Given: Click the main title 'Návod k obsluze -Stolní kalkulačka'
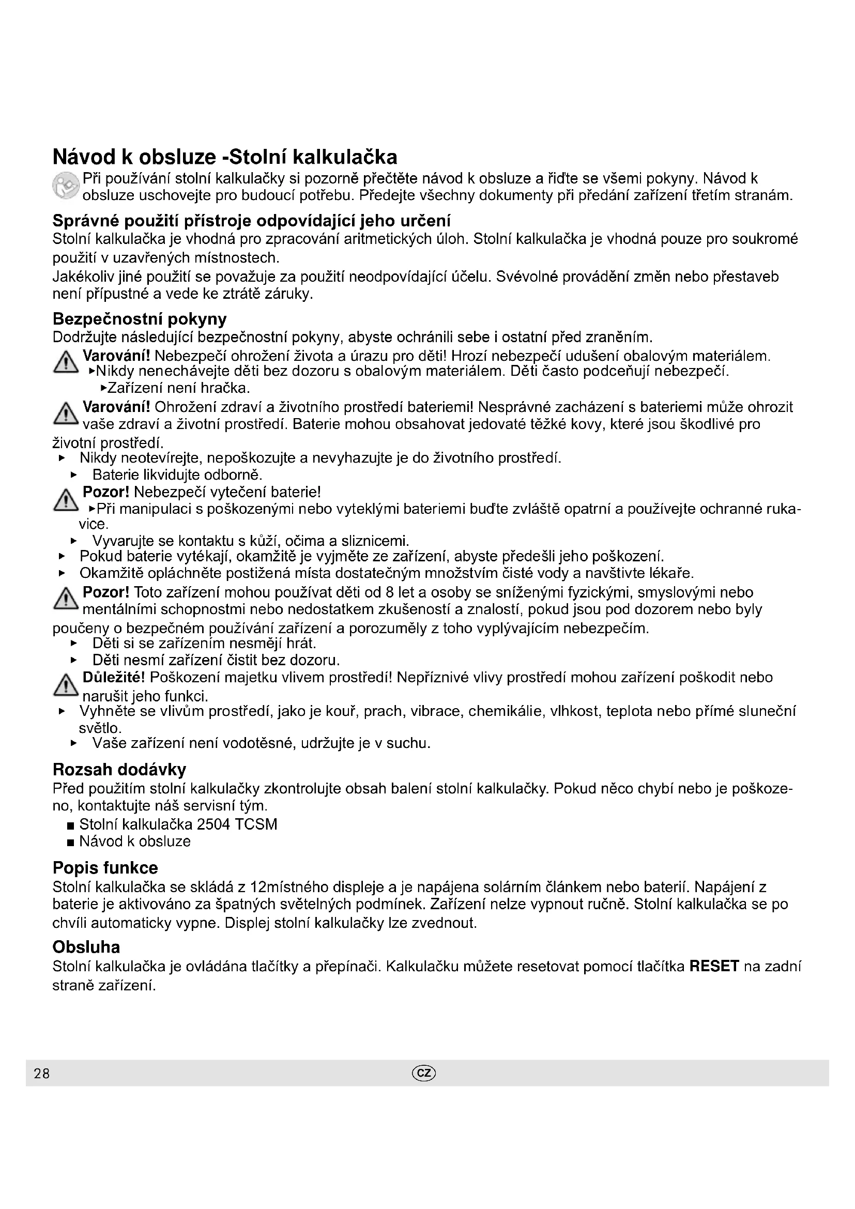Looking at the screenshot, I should click(x=225, y=157).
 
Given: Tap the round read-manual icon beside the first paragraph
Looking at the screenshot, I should click(x=66, y=187).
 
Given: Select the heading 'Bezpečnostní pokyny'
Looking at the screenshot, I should click(x=140, y=319).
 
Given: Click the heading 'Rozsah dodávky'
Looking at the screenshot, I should click(x=119, y=770).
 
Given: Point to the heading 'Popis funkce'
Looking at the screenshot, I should click(x=105, y=868).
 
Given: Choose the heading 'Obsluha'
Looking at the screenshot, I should click(x=86, y=947).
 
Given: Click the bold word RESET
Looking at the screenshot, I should click(x=714, y=966).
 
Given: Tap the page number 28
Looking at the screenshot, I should click(x=41, y=1073).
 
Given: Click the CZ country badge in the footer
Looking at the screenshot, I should click(x=425, y=1073).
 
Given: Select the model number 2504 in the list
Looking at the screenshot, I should click(x=214, y=824).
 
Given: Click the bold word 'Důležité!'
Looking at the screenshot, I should click(x=114, y=678).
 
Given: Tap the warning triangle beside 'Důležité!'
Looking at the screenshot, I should click(x=66, y=685).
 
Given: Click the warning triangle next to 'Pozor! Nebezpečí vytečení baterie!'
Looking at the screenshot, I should click(x=66, y=500).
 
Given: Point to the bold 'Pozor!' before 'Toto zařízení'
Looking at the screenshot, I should click(x=106, y=592).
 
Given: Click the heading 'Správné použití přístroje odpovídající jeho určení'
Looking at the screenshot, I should click(x=252, y=220).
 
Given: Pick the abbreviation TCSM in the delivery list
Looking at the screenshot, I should click(x=256, y=824).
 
